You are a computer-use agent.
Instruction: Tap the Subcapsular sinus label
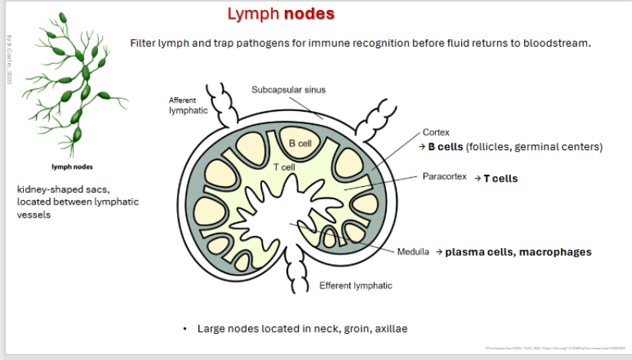coord(288,90)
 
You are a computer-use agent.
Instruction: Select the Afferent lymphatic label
coord(188,105)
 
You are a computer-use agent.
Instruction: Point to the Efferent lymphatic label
coord(355,286)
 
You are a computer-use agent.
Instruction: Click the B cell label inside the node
coord(300,144)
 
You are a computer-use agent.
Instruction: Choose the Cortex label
coord(436,132)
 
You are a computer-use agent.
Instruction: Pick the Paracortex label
coord(444,176)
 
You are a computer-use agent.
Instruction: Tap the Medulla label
coord(413,252)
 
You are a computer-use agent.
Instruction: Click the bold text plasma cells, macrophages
coord(518,252)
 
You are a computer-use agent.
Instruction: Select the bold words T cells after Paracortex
coord(500,178)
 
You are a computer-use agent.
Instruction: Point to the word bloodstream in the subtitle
coord(557,43)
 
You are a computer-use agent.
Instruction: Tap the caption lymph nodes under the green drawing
coord(72,166)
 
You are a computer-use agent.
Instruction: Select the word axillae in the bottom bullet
coord(389,329)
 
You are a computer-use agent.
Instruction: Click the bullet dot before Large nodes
coord(185,329)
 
